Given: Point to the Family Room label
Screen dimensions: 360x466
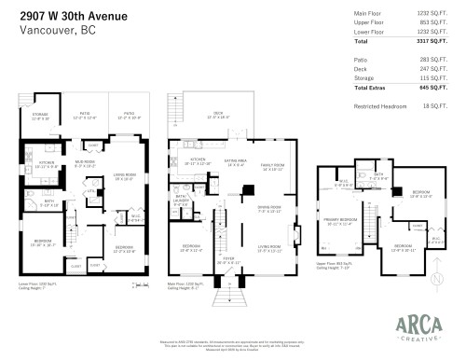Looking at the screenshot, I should tap(271, 168).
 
